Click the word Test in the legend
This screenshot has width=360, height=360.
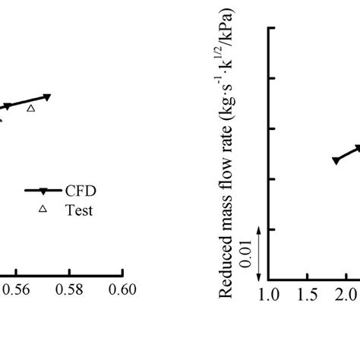(79, 210)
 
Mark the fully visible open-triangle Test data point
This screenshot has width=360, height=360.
(31, 109)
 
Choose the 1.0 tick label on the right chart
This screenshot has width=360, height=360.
(270, 293)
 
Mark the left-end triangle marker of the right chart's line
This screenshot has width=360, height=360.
(335, 160)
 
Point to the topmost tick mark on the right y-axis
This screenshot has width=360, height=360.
(272, 28)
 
